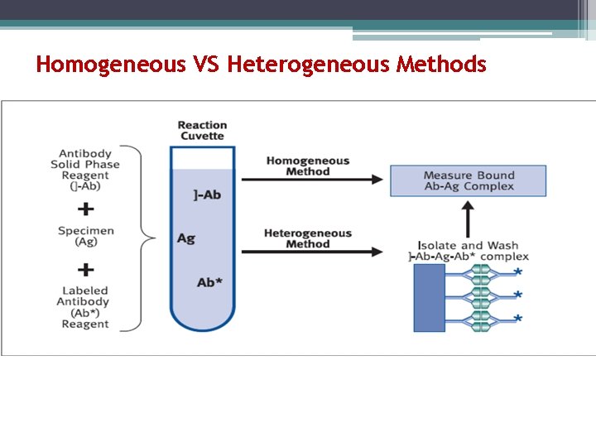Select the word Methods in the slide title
[441, 64]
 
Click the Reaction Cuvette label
[202, 131]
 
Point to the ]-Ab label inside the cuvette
[207, 195]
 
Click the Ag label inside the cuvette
[186, 238]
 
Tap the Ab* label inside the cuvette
[209, 282]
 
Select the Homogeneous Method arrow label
[308, 166]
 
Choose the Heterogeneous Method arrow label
[308, 238]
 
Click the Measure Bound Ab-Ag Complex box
[469, 180]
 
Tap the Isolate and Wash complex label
[469, 251]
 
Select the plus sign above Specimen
[85, 209]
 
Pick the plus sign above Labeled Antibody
[85, 269]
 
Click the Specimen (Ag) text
[85, 236]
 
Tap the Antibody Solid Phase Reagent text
[85, 170]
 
